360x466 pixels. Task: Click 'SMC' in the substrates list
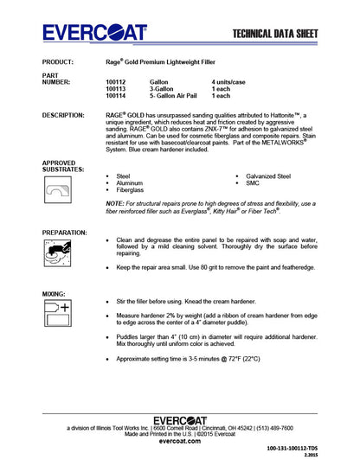pyautogui.click(x=254, y=182)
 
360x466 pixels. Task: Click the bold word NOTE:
pyautogui.click(x=115, y=202)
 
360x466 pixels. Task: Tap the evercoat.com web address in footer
pyautogui.click(x=180, y=440)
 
